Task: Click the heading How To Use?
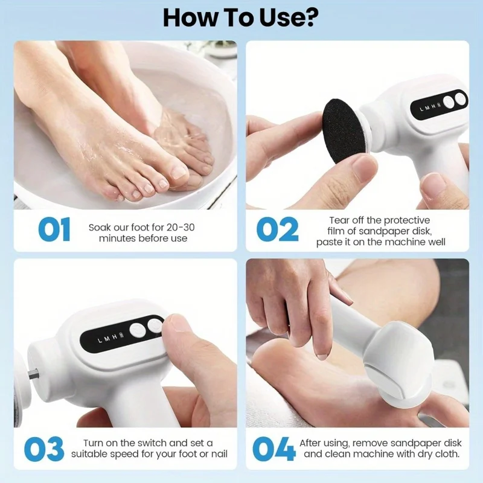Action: (241, 18)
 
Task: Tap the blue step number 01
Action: (54, 229)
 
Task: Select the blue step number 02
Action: (277, 229)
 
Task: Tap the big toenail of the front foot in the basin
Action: (179, 171)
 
